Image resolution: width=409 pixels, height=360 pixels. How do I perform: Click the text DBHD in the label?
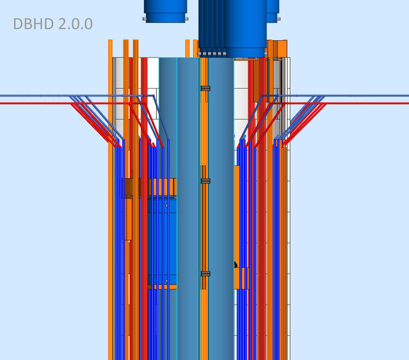(34, 24)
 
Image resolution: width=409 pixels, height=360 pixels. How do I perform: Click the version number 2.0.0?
(76, 24)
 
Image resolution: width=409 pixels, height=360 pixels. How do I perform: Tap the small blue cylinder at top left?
(165, 11)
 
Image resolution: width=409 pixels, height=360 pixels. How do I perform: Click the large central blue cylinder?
(232, 28)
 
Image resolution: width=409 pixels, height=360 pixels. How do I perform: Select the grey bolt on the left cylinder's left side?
(144, 19)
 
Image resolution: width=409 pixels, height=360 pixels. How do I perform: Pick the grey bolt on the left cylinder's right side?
(187, 19)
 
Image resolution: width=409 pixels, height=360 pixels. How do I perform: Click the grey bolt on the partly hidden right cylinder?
(279, 19)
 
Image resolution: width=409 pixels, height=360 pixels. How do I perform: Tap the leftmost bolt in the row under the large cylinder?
(200, 54)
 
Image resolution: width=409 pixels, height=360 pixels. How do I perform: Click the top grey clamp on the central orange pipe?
(205, 88)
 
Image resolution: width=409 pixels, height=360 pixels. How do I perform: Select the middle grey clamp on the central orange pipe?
(205, 181)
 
